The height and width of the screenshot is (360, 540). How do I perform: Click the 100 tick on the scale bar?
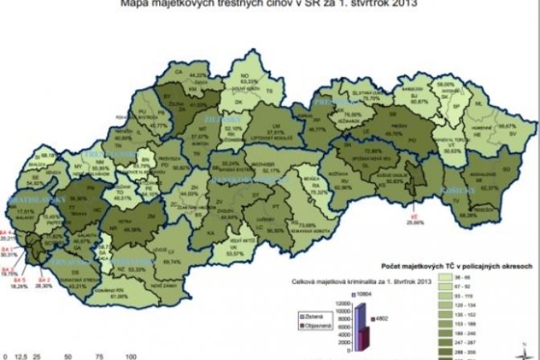(x=129, y=354)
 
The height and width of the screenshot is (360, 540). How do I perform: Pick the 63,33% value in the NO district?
(x=249, y=81)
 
